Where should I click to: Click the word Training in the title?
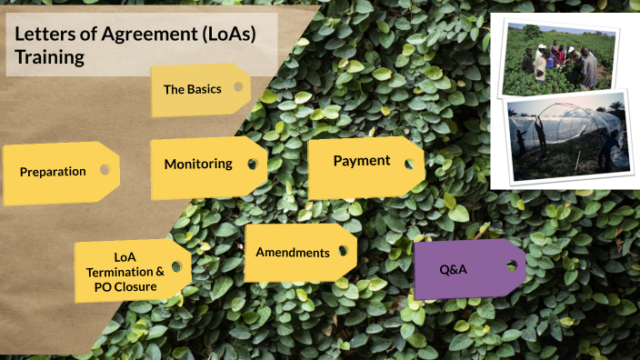(x=50, y=57)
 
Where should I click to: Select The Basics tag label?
(x=192, y=90)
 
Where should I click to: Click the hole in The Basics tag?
(x=238, y=87)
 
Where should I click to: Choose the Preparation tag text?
(x=53, y=171)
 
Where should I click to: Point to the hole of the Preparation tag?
(x=105, y=169)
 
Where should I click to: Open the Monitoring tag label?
(x=198, y=165)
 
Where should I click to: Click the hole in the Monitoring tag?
(x=250, y=165)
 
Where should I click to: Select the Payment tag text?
(x=361, y=161)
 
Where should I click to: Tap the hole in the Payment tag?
(x=409, y=164)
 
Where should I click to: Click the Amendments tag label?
(x=292, y=252)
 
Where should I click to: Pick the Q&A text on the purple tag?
(x=453, y=269)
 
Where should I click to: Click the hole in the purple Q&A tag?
(x=512, y=265)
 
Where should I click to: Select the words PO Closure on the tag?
(x=125, y=286)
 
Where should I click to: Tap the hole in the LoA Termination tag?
(x=175, y=266)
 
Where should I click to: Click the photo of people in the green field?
(x=556, y=60)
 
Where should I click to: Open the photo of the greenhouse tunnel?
(x=567, y=136)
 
